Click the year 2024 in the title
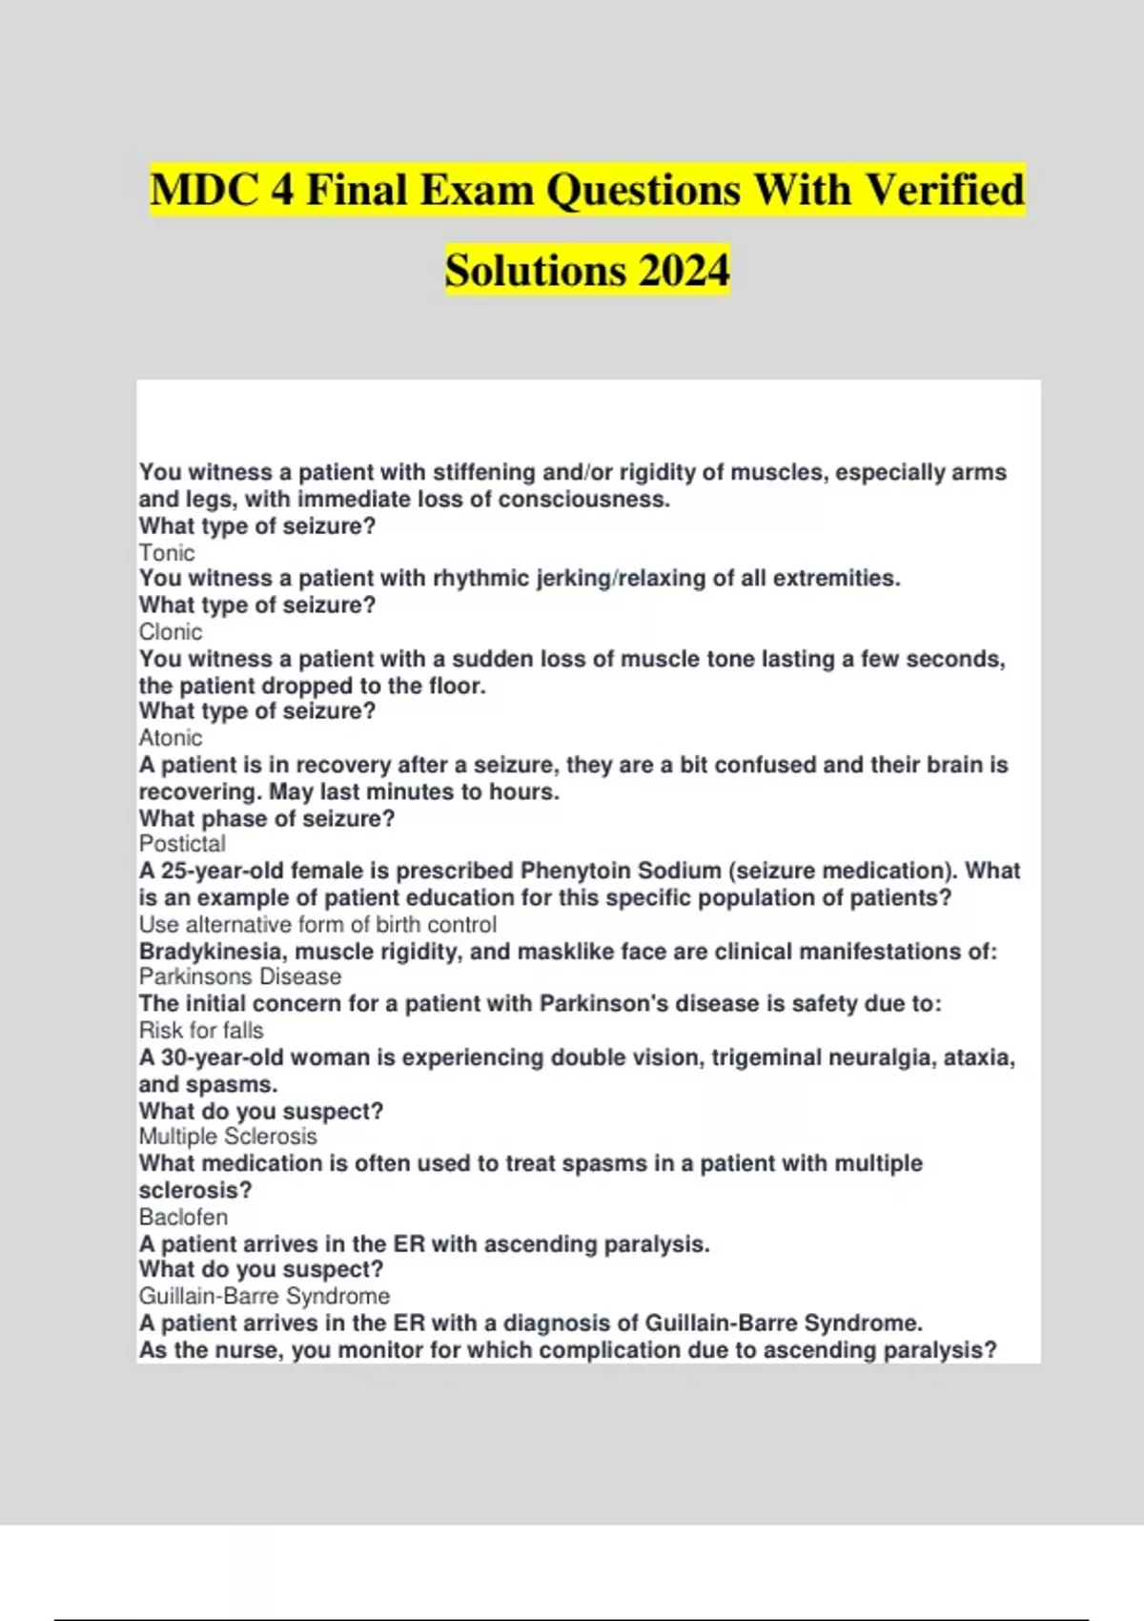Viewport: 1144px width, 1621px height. [x=684, y=270]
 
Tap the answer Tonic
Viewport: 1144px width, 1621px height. [x=167, y=553]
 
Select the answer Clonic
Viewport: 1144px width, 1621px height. [x=171, y=632]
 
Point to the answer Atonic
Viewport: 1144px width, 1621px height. [x=171, y=738]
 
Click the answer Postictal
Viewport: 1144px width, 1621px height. [x=182, y=844]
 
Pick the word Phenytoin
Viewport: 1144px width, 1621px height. [x=576, y=871]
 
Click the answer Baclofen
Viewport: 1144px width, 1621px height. [x=183, y=1218]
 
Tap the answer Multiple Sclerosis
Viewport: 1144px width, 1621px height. [x=228, y=1137]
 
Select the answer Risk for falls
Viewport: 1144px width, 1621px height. [x=201, y=1031]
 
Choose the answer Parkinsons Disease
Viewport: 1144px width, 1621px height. [x=240, y=977]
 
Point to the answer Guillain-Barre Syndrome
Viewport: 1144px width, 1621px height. [x=264, y=1297]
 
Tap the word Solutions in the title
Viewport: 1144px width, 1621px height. [x=535, y=270]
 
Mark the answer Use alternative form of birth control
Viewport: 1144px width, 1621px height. [x=317, y=925]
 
